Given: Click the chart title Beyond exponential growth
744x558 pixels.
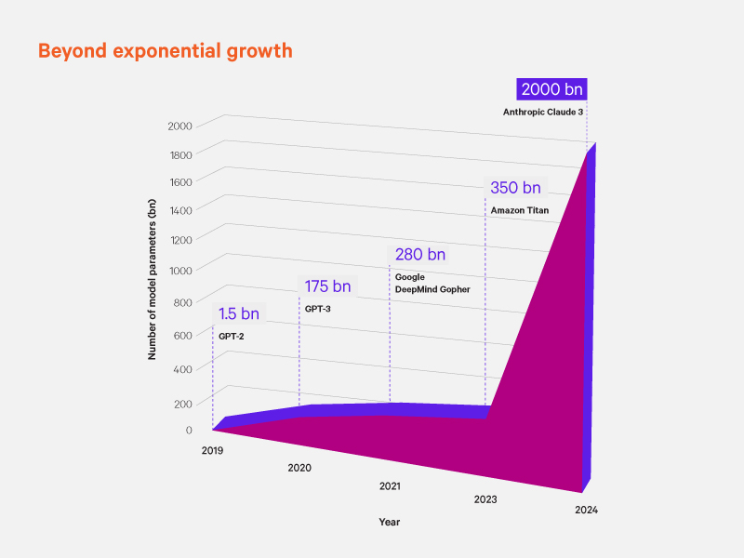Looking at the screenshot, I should [165, 50].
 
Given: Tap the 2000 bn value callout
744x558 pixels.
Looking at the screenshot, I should [552, 90].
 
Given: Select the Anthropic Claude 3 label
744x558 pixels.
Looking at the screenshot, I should [545, 113].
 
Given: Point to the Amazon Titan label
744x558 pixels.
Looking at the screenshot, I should [520, 210].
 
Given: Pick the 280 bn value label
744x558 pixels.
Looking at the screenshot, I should [419, 254].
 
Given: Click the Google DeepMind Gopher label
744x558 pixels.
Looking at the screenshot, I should [432, 284].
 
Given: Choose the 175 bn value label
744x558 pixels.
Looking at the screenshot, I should [327, 286].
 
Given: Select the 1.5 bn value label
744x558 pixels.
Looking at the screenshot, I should [239, 313].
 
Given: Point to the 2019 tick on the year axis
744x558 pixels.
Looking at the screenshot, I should [213, 450].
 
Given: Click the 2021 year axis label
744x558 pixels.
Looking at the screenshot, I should [391, 486].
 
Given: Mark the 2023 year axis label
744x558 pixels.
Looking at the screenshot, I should [485, 499].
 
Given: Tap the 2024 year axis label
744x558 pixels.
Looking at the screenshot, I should [586, 510].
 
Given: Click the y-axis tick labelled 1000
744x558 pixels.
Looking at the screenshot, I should [180, 271].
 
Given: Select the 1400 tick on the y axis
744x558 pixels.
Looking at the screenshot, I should [180, 210].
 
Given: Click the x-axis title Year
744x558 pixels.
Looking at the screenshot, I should [389, 522].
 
